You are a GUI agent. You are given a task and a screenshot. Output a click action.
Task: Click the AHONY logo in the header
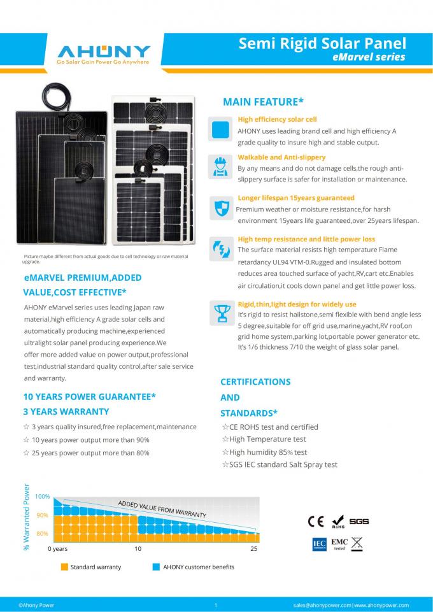tap(103, 53)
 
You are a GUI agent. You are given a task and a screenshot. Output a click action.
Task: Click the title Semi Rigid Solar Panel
tap(322, 43)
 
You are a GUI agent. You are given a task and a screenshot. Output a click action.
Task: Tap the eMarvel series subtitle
tap(369, 57)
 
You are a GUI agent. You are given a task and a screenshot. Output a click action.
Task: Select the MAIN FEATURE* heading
tap(262, 102)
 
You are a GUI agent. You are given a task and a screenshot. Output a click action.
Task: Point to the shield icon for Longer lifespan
tap(220, 207)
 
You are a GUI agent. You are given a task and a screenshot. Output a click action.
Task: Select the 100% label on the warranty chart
tap(42, 496)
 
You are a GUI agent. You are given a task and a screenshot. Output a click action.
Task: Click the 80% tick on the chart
tap(42, 533)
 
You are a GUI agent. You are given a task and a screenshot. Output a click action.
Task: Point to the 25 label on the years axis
tap(254, 548)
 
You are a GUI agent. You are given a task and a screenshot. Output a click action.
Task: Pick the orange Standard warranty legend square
tap(64, 567)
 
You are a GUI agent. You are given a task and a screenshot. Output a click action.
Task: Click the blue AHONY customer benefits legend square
tap(156, 567)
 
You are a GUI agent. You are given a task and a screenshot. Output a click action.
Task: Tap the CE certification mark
tap(316, 522)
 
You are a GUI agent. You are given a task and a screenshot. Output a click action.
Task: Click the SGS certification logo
tap(359, 522)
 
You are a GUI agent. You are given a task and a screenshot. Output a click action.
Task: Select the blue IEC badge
tap(319, 544)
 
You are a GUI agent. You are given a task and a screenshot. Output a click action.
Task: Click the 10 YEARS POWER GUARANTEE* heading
tap(90, 396)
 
